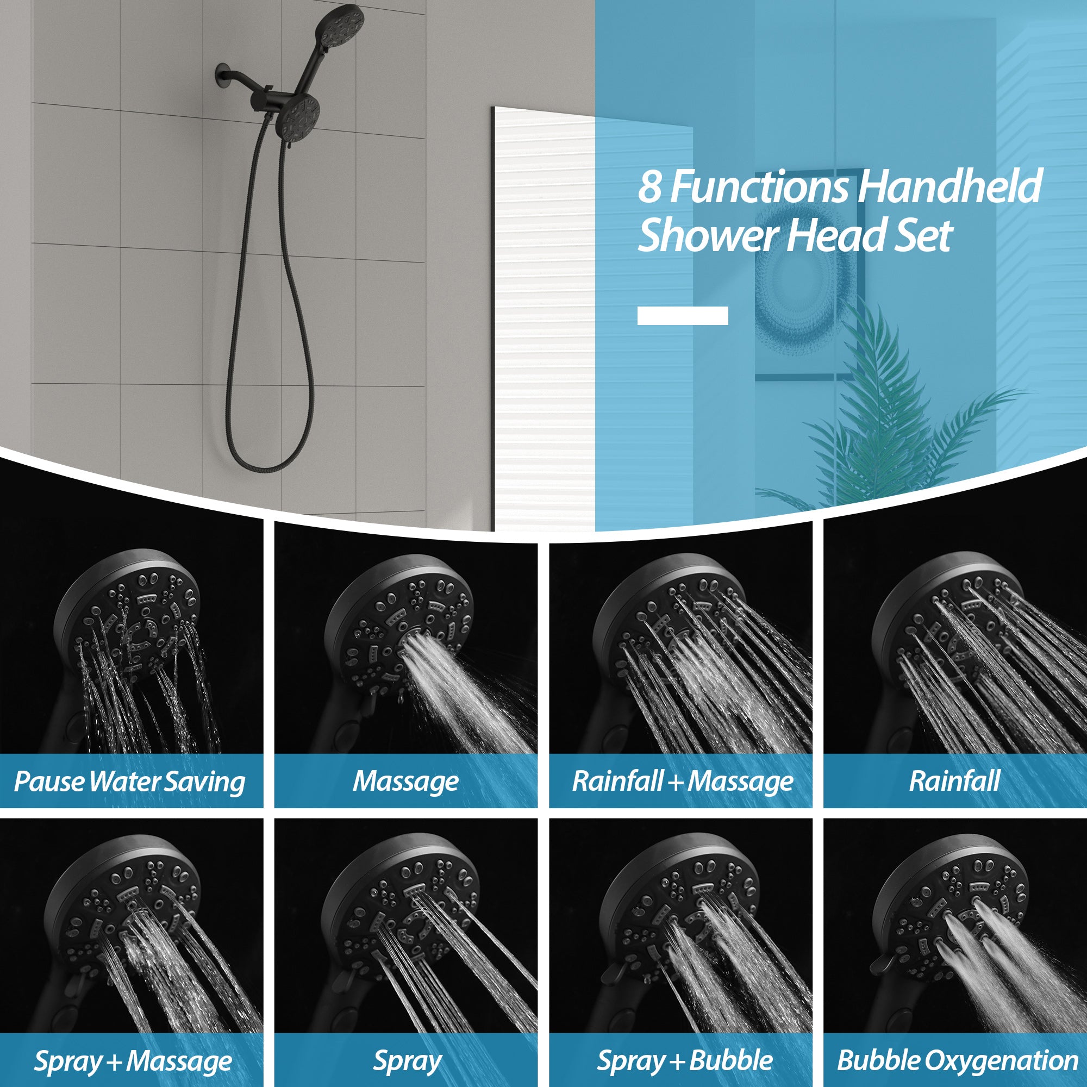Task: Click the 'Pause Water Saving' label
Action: [x=129, y=782]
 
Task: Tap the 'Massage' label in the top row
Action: [x=405, y=782]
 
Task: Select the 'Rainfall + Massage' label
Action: [x=682, y=782]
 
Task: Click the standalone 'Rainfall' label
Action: [x=954, y=782]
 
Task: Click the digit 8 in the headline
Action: [x=649, y=187]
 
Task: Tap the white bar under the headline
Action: [x=682, y=316]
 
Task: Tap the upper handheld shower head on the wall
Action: [x=340, y=26]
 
